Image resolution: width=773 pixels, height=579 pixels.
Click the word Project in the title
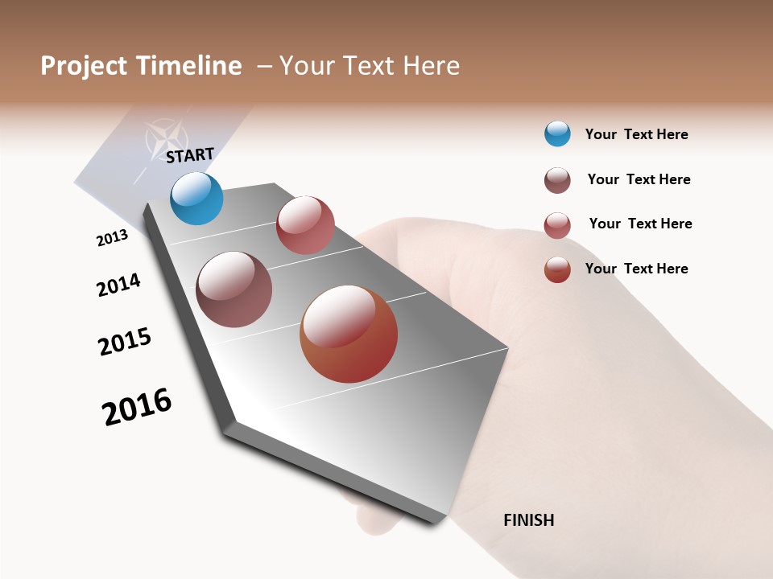pyautogui.click(x=84, y=66)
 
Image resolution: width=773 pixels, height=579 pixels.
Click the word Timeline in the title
pyautogui.click(x=188, y=66)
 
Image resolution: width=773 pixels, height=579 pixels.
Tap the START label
pyautogui.click(x=190, y=155)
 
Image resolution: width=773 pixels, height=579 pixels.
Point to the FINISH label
pyautogui.click(x=529, y=520)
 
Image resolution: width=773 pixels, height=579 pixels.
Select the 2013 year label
pyautogui.click(x=112, y=238)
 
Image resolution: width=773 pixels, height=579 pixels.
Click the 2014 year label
pyautogui.click(x=118, y=285)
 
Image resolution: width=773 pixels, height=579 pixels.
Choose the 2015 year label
pyautogui.click(x=125, y=343)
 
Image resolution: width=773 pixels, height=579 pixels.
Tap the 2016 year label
pyautogui.click(x=137, y=407)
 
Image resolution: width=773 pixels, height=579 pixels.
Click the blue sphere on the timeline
pyautogui.click(x=196, y=198)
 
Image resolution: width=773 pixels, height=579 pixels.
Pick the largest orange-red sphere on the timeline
pyautogui.click(x=349, y=334)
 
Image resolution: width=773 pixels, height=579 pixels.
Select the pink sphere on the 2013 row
pyautogui.click(x=305, y=225)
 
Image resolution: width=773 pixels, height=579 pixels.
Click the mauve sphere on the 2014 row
pyautogui.click(x=234, y=289)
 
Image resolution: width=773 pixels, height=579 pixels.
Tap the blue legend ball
pyautogui.click(x=557, y=133)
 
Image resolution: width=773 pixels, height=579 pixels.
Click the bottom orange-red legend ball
pyautogui.click(x=557, y=269)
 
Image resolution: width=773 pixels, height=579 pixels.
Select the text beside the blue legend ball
pyautogui.click(x=636, y=134)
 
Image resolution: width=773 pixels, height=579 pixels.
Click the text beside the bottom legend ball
pyautogui.click(x=636, y=269)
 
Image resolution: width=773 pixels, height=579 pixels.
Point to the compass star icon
pyautogui.click(x=165, y=138)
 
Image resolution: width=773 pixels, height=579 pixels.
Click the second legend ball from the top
pyautogui.click(x=557, y=180)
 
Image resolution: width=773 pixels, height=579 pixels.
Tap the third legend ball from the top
pyautogui.click(x=557, y=225)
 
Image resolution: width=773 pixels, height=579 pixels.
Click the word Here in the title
pyautogui.click(x=432, y=66)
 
